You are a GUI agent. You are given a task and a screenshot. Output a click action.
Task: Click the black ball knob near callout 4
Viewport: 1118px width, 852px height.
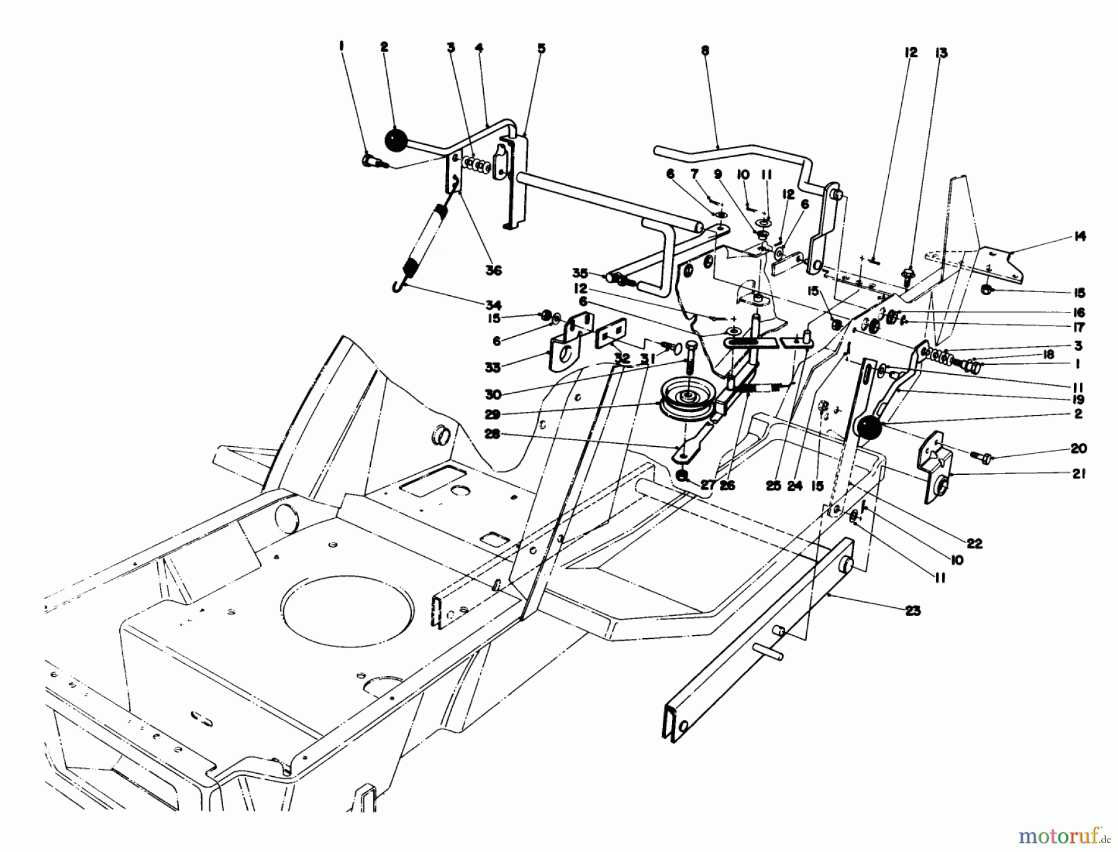[394, 139]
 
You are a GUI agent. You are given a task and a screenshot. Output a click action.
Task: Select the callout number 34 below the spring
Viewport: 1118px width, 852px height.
[494, 305]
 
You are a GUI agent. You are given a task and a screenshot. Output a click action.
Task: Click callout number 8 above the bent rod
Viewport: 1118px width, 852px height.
[704, 50]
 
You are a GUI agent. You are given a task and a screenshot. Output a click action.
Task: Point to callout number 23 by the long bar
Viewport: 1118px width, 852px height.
[912, 611]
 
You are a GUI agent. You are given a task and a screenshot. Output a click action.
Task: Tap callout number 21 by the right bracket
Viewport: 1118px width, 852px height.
[1079, 474]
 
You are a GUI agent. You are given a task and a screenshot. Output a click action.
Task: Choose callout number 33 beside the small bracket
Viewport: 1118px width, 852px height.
[493, 368]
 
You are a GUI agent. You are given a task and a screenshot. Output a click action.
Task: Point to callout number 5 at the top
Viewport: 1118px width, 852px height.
[542, 48]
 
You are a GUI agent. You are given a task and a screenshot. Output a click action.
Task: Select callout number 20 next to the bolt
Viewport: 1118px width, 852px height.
[1078, 448]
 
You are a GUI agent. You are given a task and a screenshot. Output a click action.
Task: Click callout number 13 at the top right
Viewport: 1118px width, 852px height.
[942, 53]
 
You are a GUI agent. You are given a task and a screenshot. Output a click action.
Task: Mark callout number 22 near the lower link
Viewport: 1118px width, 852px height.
[975, 543]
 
